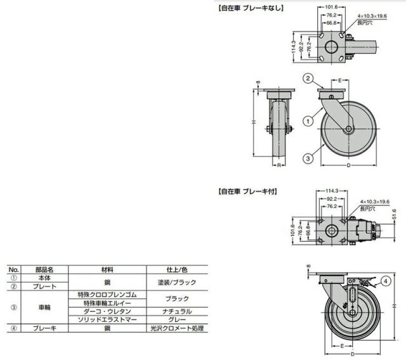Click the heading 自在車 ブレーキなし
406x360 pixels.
point(250,8)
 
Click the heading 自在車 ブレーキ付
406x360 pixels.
point(247,190)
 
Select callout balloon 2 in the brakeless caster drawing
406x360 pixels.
point(306,79)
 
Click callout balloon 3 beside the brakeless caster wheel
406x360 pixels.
point(306,158)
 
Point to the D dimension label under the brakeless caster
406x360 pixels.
point(348,165)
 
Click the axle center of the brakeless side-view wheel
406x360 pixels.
point(348,130)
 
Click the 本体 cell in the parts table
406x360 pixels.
point(44,278)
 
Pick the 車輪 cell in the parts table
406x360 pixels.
point(44,307)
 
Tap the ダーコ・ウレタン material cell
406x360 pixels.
point(107,311)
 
